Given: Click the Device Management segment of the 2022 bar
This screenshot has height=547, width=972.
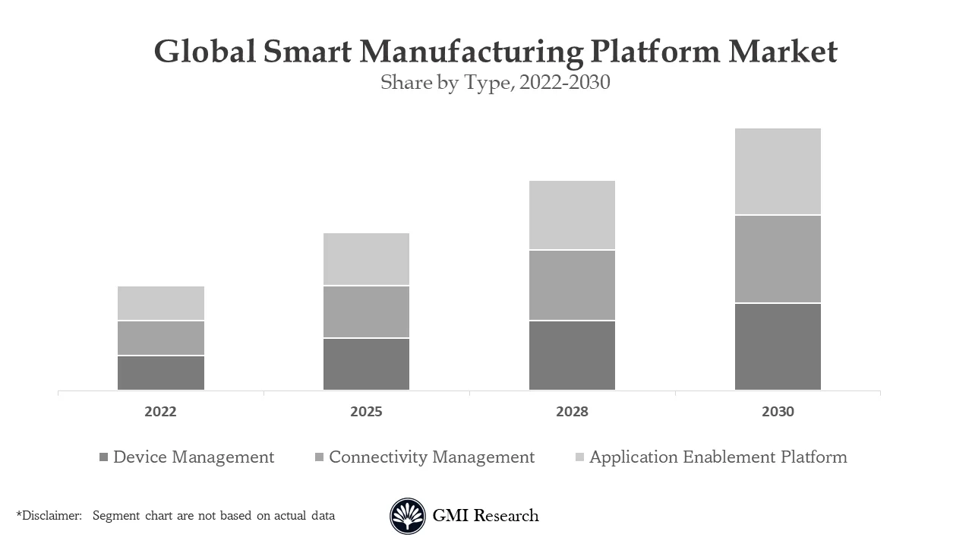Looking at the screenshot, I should (x=161, y=372).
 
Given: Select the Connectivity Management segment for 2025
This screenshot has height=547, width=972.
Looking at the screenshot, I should (x=366, y=311).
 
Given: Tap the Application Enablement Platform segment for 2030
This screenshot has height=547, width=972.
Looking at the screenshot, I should (x=778, y=172).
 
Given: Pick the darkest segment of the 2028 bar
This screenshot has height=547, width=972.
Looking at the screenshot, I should (x=572, y=355).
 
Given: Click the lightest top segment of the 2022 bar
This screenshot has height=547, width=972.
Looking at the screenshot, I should (x=161, y=303).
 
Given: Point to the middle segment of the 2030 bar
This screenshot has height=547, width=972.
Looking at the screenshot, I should (x=778, y=259).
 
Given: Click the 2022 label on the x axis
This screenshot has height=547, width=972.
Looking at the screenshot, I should (x=161, y=412).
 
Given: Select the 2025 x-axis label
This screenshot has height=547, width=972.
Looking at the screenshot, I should (x=366, y=412).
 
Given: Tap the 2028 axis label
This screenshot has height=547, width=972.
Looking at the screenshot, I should (x=572, y=412).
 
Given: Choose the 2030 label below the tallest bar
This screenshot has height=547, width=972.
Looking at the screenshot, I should (x=778, y=412).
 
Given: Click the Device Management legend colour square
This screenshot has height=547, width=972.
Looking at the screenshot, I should (x=104, y=457).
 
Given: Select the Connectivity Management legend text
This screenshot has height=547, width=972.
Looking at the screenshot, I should (x=431, y=457).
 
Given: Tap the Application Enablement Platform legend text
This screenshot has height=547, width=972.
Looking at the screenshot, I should (x=718, y=457).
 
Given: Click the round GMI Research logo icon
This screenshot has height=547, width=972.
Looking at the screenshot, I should (x=408, y=516).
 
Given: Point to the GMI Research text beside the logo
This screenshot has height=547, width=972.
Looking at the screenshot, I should (x=485, y=516).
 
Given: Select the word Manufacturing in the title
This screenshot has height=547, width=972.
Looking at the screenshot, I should (x=471, y=52).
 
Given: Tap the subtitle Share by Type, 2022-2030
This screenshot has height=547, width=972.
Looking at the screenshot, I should (x=495, y=82).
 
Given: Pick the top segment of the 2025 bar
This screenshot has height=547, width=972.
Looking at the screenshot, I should (x=366, y=259).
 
